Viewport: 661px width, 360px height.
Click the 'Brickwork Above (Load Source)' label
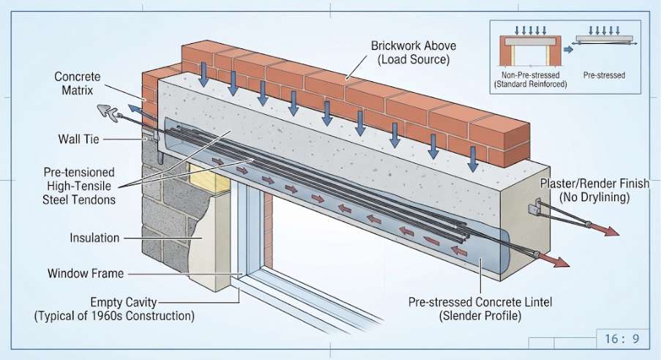pyautogui.click(x=413, y=53)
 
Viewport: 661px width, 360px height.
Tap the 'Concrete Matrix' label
pyautogui.click(x=78, y=83)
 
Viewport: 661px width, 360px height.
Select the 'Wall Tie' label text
pyautogui.click(x=79, y=139)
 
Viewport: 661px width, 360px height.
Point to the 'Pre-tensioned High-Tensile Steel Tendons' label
pyautogui.click(x=79, y=186)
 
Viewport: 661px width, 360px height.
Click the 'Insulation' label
pyautogui.click(x=94, y=238)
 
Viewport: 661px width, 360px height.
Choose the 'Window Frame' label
pyautogui.click(x=86, y=273)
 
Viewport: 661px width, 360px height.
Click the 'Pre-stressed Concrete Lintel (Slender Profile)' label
pyautogui.click(x=480, y=309)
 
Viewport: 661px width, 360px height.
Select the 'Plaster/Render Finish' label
pyautogui.click(x=595, y=184)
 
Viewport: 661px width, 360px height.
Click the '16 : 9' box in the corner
pyautogui.click(x=623, y=339)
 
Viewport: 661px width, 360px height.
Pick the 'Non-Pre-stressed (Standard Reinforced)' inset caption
pyautogui.click(x=530, y=80)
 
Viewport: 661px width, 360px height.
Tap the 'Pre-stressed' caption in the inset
pyautogui.click(x=604, y=75)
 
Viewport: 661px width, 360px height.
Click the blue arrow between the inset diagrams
pyautogui.click(x=569, y=49)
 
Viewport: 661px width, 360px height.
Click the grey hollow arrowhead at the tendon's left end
pyautogui.click(x=108, y=113)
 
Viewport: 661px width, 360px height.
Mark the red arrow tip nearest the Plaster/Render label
pyautogui.click(x=619, y=234)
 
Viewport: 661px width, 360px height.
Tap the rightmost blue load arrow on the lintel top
pyautogui.click(x=473, y=159)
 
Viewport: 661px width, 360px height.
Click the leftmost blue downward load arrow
pyautogui.click(x=203, y=74)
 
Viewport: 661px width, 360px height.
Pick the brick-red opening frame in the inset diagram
pyautogui.click(x=530, y=50)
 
